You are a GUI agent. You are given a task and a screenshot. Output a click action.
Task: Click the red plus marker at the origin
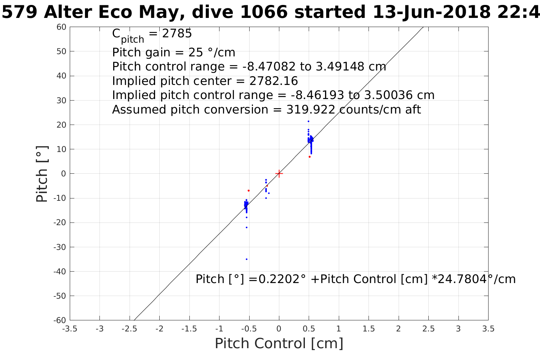coord(279,174)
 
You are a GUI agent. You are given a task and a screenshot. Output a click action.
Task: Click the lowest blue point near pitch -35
coord(247,259)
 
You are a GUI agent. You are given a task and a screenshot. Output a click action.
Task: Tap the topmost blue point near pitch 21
coord(308,122)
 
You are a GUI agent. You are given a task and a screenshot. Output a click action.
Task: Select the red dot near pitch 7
coord(309,157)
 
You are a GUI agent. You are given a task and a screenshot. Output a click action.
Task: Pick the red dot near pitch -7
coord(248,190)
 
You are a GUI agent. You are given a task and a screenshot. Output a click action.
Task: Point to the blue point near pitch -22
coord(247,227)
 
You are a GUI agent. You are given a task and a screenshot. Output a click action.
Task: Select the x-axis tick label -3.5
coord(70,329)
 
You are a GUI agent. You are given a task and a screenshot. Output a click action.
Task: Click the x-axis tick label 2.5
coord(428,329)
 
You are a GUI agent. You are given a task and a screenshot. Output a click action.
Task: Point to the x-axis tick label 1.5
coord(369,329)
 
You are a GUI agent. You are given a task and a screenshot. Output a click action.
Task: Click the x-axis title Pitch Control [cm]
coord(279,343)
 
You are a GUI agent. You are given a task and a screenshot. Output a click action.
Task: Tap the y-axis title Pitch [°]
coord(42,174)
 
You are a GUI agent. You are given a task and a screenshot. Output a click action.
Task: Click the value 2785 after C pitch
coord(177,34)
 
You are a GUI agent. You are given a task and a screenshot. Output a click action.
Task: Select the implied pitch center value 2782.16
coord(274,81)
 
